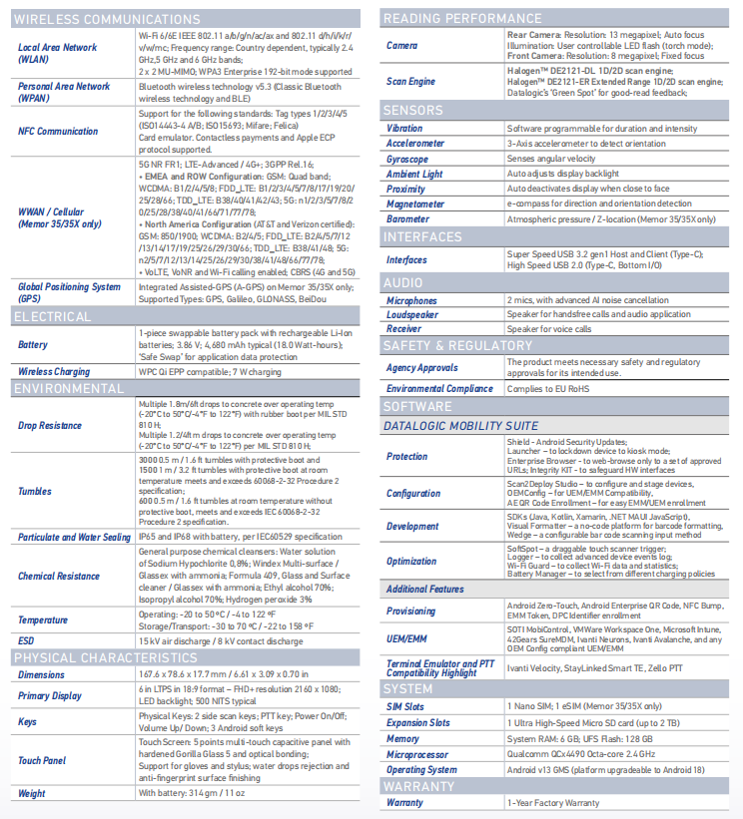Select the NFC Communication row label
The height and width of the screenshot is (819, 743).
click(58, 131)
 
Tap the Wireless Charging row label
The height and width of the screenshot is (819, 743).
click(53, 371)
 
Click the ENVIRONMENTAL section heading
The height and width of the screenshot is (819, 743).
click(69, 387)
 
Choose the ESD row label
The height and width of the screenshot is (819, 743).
click(27, 640)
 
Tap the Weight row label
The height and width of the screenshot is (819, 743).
click(32, 794)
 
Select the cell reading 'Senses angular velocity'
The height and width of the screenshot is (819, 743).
click(551, 159)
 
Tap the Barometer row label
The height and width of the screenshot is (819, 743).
click(409, 218)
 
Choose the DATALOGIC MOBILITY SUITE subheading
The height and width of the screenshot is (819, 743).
click(461, 426)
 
